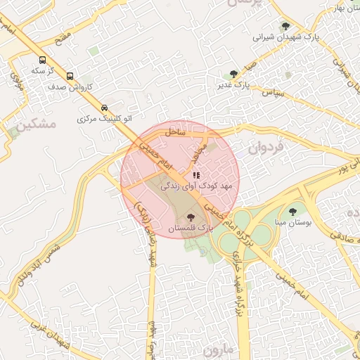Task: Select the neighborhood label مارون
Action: point(218,349)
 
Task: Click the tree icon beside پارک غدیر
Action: point(233,73)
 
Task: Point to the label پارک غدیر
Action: point(233,85)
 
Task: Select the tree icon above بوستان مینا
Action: point(292,211)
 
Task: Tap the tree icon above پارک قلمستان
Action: point(191,217)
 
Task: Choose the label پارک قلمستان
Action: point(190,229)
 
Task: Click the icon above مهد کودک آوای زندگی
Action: point(196,174)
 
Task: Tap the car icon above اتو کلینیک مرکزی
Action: point(105,108)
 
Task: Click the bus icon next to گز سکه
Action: point(43,60)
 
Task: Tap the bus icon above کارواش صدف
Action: point(70,76)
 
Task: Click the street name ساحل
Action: point(175,131)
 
